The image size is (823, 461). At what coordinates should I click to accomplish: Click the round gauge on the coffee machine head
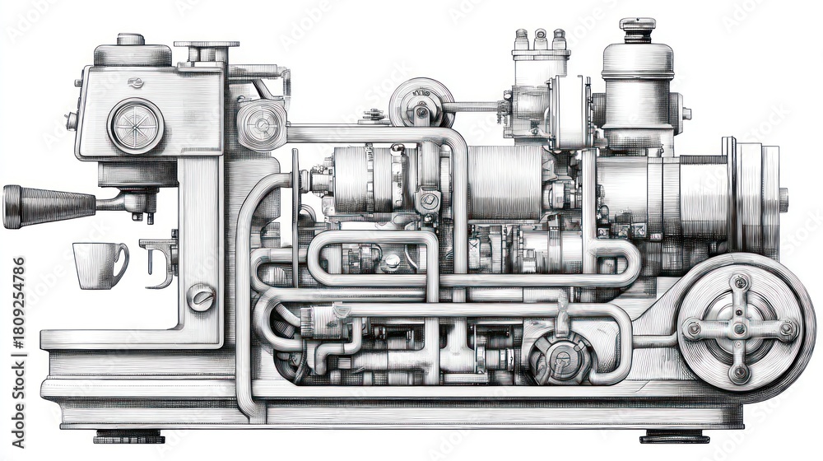point(136,126)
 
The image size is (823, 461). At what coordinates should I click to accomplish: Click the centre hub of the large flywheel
point(739,328)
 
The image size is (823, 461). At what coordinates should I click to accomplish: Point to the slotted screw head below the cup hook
point(200,296)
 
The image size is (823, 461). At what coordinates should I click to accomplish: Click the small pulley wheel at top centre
point(421,104)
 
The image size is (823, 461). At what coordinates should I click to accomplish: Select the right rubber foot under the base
point(674,436)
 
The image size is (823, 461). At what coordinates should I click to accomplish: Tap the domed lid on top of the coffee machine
point(132,51)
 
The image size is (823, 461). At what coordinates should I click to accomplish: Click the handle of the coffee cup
point(121,262)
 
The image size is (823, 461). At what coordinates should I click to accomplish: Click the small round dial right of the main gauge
point(262,124)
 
